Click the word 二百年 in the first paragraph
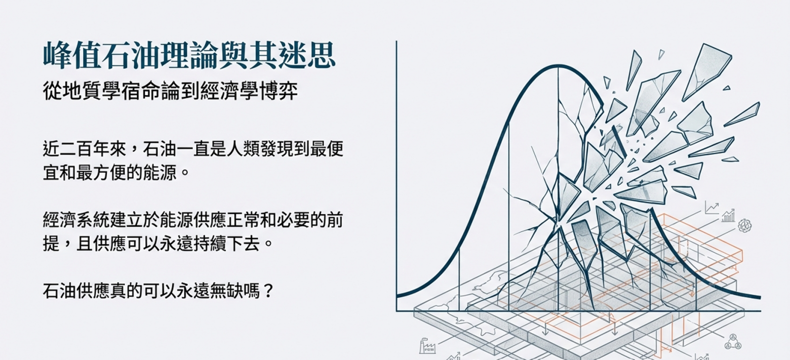point(84,149)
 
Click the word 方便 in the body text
point(109,173)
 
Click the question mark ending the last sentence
point(268,291)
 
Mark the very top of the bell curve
point(558,66)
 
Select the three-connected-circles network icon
point(733,342)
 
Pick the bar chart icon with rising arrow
point(728,216)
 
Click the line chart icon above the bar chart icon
point(711,208)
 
